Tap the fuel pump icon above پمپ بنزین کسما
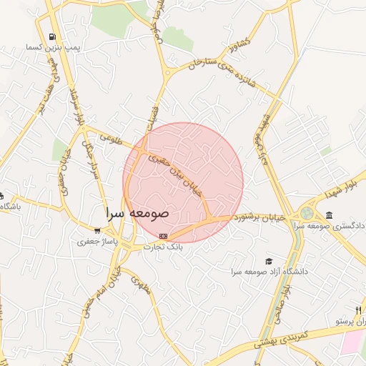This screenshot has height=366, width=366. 51,36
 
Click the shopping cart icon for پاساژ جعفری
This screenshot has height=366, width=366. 97,231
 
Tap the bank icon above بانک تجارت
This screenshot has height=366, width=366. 164,235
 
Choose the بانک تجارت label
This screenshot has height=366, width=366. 164,247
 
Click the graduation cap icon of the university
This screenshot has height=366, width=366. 269,261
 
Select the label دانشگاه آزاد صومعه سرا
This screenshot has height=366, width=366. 269,272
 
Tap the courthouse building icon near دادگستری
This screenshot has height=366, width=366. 329,215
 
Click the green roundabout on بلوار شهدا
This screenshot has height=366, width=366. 307,212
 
